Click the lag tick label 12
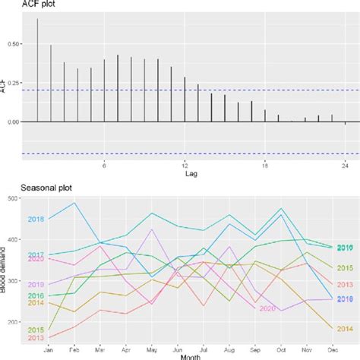pos(185,165)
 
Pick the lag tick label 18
pos(265,165)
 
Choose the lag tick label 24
pos(346,165)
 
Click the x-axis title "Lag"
pos(191,174)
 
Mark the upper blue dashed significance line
pos(190,90)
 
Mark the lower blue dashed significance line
pos(190,154)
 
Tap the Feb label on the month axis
pos(74,350)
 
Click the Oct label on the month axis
pos(282,350)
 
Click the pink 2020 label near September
pos(267,308)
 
